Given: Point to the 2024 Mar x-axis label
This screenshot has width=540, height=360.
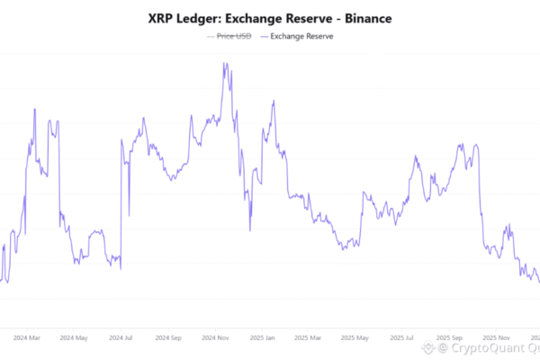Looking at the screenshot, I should tap(27, 338).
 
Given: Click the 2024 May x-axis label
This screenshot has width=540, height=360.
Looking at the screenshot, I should tap(74, 338).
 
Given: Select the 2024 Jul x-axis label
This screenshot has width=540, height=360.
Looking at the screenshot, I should tap(121, 338).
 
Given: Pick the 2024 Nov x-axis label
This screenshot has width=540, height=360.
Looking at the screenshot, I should tap(215, 338).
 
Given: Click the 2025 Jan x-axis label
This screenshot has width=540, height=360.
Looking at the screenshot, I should tap(262, 338).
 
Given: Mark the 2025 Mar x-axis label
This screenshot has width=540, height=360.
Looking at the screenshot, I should tap(309, 338).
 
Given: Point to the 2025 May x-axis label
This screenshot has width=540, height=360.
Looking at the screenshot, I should tap(355, 338).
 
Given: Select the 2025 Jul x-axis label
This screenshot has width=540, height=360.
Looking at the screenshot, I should tap(403, 338).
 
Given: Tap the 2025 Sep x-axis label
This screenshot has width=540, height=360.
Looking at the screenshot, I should tap(450, 338).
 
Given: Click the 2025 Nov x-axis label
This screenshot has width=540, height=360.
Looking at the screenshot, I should tap(497, 338).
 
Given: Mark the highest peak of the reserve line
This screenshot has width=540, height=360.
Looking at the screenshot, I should tap(222, 63).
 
